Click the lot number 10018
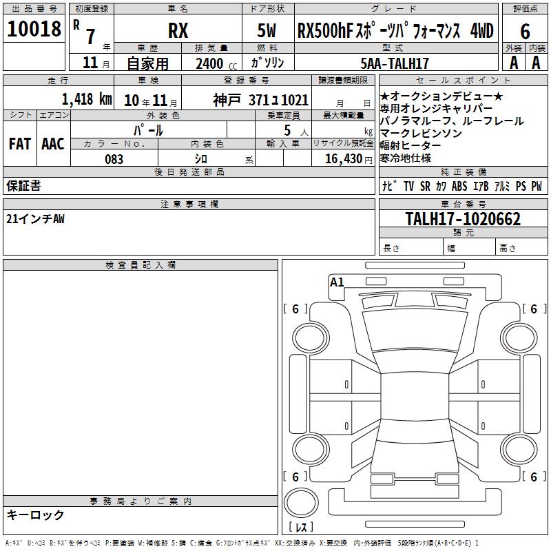click(34, 29)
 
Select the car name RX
click(178, 30)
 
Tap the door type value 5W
click(267, 30)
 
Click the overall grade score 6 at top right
click(525, 31)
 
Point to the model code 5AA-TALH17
click(395, 63)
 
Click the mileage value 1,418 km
click(87, 99)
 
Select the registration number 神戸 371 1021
click(261, 100)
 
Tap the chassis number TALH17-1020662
click(463, 219)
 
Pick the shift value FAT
click(20, 144)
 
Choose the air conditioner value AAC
click(53, 144)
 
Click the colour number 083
click(114, 159)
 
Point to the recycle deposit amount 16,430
click(344, 159)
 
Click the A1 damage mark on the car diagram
click(337, 282)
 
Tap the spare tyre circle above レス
click(301, 503)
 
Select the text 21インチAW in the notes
click(35, 219)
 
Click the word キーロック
click(35, 514)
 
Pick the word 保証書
click(23, 185)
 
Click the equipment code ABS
click(459, 186)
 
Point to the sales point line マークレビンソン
click(421, 134)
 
